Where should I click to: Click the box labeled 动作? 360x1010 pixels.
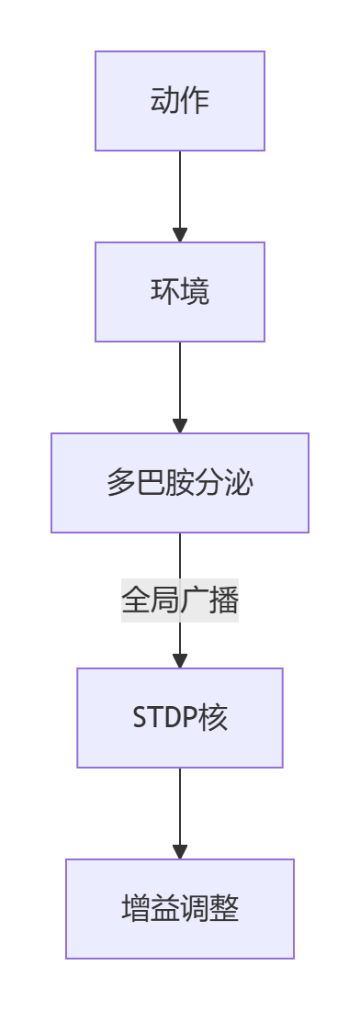click(x=180, y=101)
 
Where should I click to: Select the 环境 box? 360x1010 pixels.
click(x=180, y=292)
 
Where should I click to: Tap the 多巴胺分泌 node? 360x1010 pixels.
click(x=180, y=483)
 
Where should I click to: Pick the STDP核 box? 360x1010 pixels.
click(x=180, y=718)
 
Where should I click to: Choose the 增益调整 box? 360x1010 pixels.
click(x=180, y=909)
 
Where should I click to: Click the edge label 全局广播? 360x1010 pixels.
click(x=180, y=601)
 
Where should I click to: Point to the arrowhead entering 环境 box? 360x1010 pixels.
click(x=180, y=234)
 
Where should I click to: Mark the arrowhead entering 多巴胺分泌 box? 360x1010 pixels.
click(x=180, y=425)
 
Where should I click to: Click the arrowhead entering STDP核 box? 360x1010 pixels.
click(x=180, y=660)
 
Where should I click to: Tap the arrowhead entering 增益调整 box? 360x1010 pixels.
click(x=180, y=851)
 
